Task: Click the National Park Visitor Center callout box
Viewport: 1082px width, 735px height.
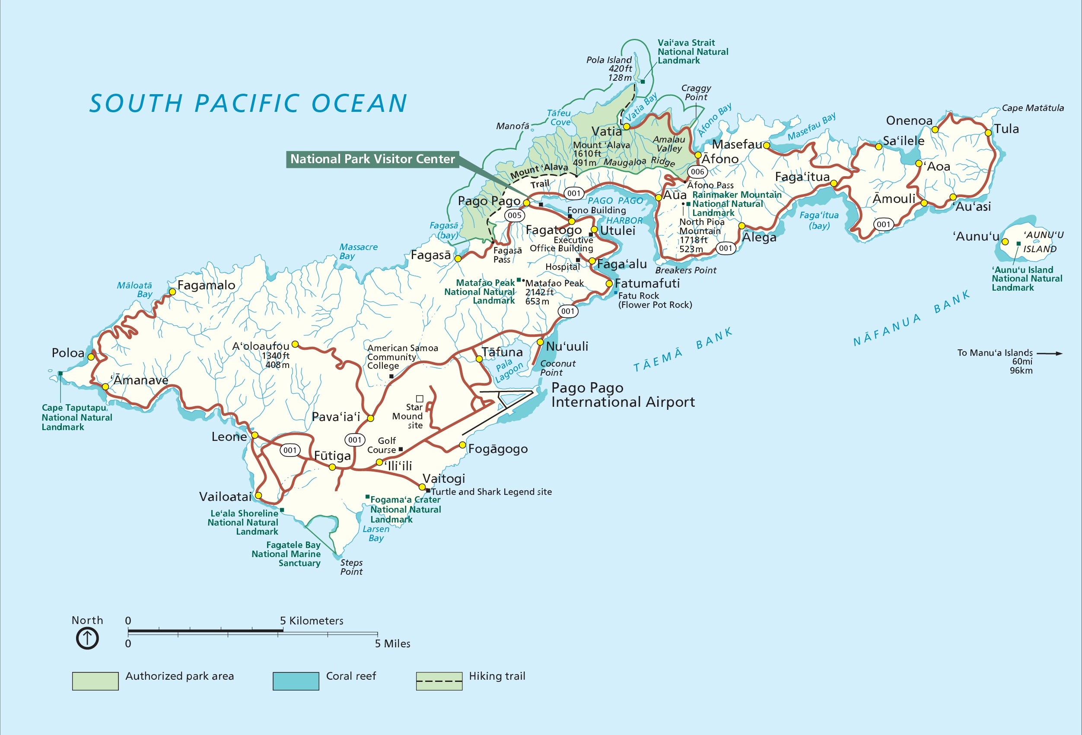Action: (372, 159)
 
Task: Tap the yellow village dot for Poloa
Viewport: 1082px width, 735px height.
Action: (91, 357)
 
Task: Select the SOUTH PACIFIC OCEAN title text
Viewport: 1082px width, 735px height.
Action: (248, 103)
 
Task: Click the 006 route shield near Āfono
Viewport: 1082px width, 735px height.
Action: (697, 171)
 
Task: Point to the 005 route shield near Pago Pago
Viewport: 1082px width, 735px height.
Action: (515, 215)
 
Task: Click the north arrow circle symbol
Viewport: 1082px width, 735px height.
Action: (87, 638)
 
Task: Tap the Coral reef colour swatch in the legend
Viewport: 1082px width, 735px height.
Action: (296, 681)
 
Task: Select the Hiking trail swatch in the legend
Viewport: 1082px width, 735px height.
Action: (439, 681)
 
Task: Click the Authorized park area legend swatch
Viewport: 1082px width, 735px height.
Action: (95, 681)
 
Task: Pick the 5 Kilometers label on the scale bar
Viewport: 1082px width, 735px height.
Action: (312, 621)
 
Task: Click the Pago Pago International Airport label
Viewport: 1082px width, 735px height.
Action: (623, 395)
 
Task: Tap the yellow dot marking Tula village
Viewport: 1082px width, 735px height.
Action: (988, 133)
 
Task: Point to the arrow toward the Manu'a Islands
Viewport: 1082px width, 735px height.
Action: (1050, 354)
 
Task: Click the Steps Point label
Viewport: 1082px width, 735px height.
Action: (351, 567)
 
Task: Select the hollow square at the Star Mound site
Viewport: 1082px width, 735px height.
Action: (420, 399)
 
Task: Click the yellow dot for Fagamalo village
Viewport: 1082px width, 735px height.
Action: (172, 291)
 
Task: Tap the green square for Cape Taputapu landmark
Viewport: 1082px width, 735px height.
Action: (60, 374)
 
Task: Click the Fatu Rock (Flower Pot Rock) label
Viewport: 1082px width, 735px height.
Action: (655, 301)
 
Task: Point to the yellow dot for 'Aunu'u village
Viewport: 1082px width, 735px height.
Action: (1005, 242)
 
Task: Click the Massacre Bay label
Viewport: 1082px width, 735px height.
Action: (358, 252)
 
